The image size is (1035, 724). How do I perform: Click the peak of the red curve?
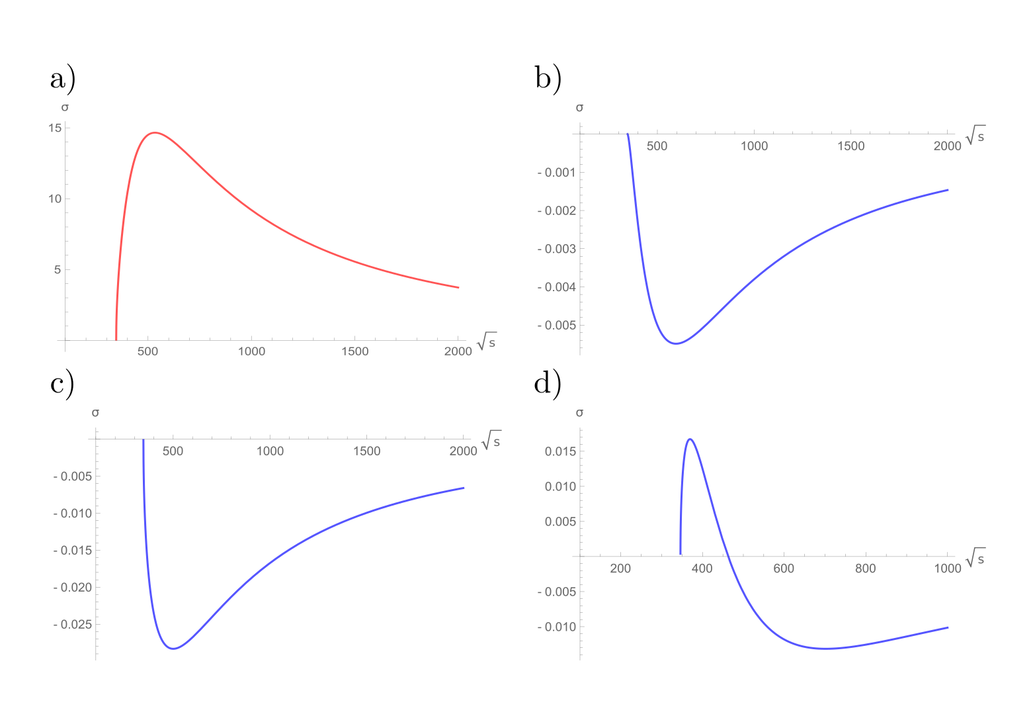coord(154,133)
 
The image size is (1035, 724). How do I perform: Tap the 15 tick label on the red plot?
coord(55,128)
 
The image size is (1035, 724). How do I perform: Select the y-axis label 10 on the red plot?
coord(55,199)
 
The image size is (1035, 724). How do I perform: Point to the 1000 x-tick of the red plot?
coord(251,351)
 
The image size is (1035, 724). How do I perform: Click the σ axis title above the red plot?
coord(65,107)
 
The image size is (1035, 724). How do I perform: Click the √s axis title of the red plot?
coord(486,341)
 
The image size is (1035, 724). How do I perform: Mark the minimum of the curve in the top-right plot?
coord(676,343)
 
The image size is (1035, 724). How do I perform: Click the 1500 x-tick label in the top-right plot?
coord(850,146)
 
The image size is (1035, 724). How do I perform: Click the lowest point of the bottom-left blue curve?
coord(173,648)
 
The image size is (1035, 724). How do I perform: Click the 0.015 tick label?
coord(559,452)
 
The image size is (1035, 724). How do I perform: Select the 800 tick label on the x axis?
coord(865,569)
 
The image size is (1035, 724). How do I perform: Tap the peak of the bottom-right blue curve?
coord(690,439)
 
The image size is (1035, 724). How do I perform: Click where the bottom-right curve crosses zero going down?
coord(728,556)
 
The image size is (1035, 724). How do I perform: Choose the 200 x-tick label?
coord(620,569)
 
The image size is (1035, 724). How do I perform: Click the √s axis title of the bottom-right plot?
coord(975,557)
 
